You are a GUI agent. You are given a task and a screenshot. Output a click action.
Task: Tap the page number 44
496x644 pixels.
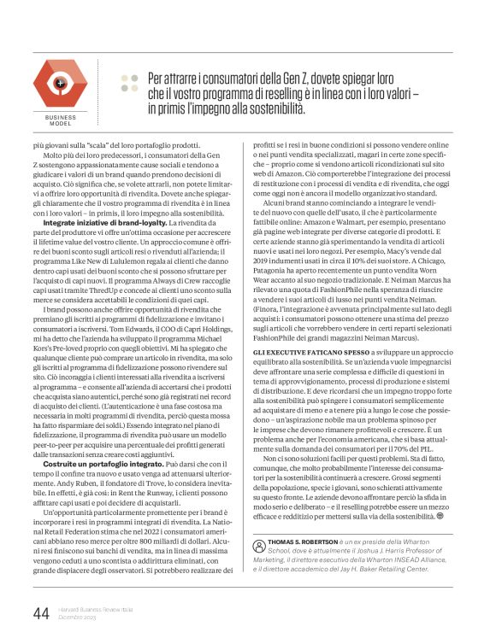pyautogui.click(x=40, y=612)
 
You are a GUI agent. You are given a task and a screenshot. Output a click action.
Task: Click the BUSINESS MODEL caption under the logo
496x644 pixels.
pyautogui.click(x=60, y=120)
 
